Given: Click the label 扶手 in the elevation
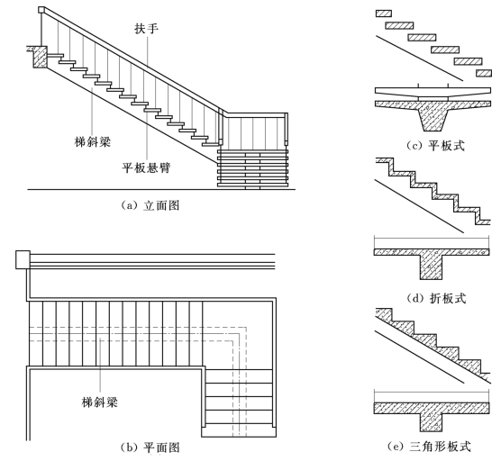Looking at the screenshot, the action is [x=146, y=29].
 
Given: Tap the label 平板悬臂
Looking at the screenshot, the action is [x=146, y=167].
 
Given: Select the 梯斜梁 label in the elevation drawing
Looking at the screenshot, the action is [x=93, y=141].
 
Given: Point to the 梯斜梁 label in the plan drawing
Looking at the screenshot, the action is [x=100, y=402].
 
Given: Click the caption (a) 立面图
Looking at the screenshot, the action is [x=150, y=205].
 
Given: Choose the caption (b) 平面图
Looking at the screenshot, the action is [x=150, y=447].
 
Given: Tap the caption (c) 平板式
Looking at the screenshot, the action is [x=436, y=146].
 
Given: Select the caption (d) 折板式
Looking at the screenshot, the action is [x=436, y=299].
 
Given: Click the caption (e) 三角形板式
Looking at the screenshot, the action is [x=430, y=447].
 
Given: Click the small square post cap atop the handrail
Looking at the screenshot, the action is [x=41, y=10].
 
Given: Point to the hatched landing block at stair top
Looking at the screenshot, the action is [x=40, y=57].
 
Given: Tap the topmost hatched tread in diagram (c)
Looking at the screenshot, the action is [x=384, y=14].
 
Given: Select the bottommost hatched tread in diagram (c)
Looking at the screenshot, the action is [x=484, y=73].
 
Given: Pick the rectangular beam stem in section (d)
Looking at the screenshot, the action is [x=432, y=267].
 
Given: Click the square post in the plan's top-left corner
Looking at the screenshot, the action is [x=23, y=259].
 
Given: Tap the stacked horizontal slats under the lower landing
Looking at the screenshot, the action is [x=252, y=168].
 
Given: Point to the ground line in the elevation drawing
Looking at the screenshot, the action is [x=161, y=189].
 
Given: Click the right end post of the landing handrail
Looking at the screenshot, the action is [x=287, y=129].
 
